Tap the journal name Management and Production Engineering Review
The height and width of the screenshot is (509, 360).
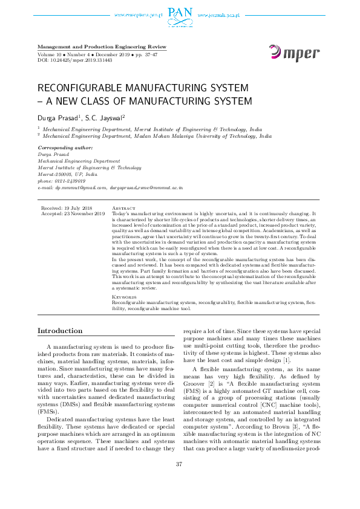click(x=102, y=47)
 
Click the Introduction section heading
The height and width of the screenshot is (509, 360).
click(x=60, y=331)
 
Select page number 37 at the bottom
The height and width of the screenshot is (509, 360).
click(x=179, y=481)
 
